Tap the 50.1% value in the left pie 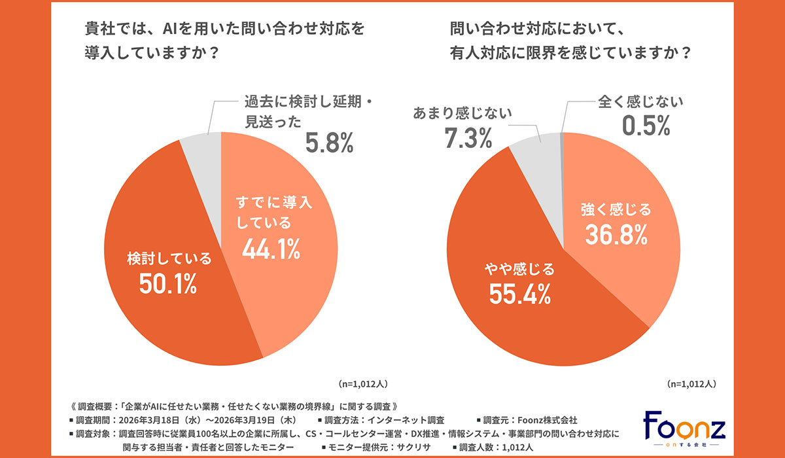[x=169, y=285]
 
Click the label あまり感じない [x=462, y=113]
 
